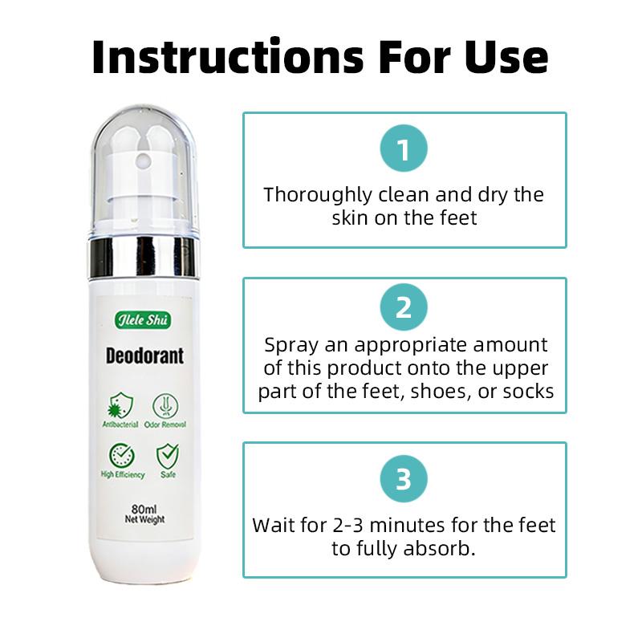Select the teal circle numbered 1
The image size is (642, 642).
[404, 150]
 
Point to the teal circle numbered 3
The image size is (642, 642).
[404, 479]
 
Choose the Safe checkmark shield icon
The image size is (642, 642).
[167, 456]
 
